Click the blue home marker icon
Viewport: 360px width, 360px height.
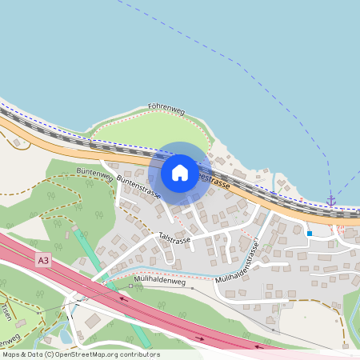point(179,173)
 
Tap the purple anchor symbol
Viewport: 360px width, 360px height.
point(330,200)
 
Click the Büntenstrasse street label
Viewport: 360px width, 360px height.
point(138,187)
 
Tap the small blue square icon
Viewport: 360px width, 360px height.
point(309,234)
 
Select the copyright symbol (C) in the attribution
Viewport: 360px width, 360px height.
point(50,354)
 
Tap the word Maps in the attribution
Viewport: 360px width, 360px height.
point(11,354)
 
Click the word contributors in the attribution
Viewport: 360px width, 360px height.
point(142,354)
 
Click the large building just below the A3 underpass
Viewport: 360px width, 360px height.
point(94,319)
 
